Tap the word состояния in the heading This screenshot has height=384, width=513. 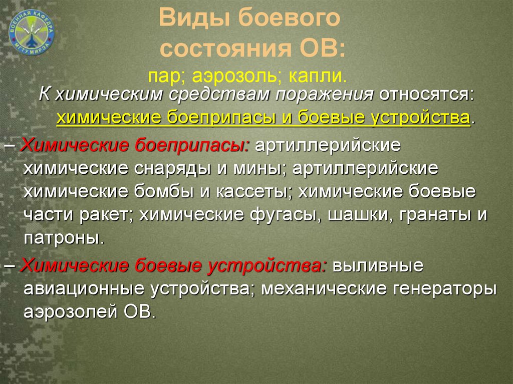click(226, 49)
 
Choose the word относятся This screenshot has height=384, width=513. click(426, 95)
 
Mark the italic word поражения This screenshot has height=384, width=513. click(325, 95)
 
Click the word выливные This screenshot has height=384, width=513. click(378, 265)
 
